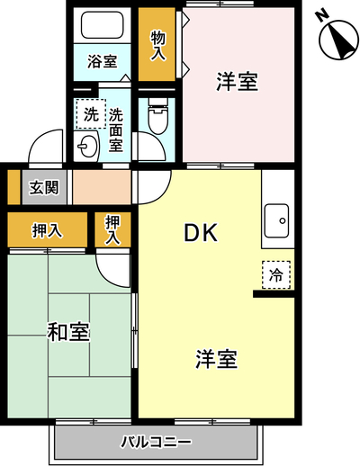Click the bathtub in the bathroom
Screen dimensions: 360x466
[x=102, y=24]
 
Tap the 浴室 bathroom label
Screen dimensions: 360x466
[x=102, y=61]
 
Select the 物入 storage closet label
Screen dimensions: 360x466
[x=157, y=46]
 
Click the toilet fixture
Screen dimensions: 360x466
[x=157, y=116]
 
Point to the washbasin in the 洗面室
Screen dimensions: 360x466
[x=86, y=147]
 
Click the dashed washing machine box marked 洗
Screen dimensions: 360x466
[x=91, y=114]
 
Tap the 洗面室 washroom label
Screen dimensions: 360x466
[x=116, y=130]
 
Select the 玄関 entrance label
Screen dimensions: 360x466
[x=44, y=188]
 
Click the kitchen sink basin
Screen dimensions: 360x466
[x=276, y=220]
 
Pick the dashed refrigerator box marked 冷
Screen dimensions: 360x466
[x=276, y=275]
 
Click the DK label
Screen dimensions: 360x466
[x=201, y=233]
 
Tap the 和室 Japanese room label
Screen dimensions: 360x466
[x=68, y=332]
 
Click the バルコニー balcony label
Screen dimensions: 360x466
[x=156, y=442]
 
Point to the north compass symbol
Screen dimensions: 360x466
[x=338, y=40]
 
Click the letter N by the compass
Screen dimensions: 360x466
[x=322, y=17]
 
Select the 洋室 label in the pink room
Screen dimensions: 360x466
[x=237, y=82]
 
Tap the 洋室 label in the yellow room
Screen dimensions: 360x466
[x=216, y=359]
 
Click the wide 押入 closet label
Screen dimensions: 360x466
[x=47, y=230]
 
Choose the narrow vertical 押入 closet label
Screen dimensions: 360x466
[x=112, y=230]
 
